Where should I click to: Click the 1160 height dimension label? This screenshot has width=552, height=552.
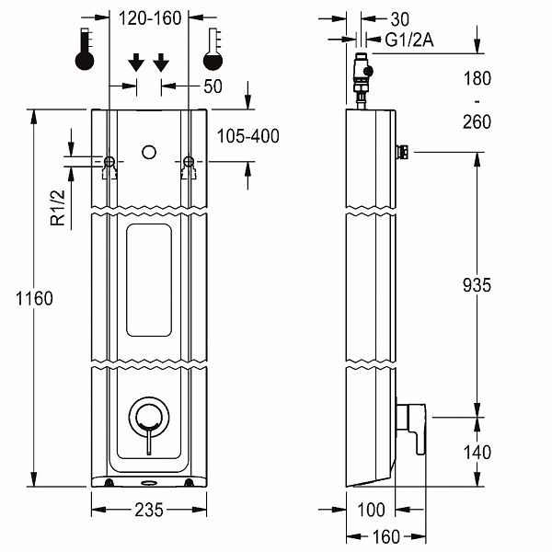coord(34,298)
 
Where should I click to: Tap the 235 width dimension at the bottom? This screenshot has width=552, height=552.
coord(149,509)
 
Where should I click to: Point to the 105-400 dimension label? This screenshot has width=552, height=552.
coord(248,136)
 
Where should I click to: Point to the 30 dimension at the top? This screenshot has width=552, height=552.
coord(399,17)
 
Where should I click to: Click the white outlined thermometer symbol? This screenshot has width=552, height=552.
coord(214,52)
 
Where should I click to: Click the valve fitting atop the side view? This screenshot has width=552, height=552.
coord(362,79)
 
